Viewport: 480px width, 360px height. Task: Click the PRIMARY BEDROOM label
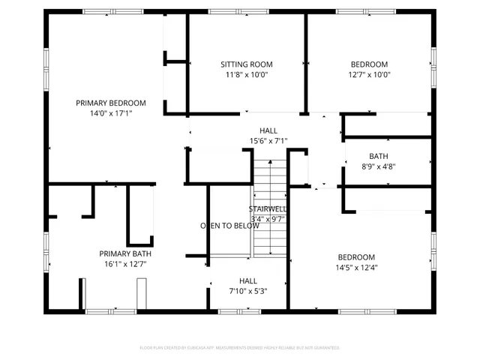click(x=111, y=103)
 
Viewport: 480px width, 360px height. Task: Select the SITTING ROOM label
click(x=246, y=64)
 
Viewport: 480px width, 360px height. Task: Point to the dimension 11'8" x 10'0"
click(x=246, y=74)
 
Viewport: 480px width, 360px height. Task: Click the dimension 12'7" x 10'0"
click(x=369, y=74)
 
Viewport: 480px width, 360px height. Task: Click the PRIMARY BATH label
click(x=126, y=253)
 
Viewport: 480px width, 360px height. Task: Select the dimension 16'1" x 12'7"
click(x=126, y=263)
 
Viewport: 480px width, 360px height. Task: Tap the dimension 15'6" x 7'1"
click(x=268, y=140)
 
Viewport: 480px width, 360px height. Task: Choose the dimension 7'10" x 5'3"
click(x=248, y=291)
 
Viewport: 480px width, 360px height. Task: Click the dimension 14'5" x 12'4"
click(x=355, y=267)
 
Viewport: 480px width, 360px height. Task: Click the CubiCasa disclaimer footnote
click(x=240, y=347)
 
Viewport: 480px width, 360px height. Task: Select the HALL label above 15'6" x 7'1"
click(x=268, y=130)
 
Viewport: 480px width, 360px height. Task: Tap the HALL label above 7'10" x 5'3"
click(x=248, y=280)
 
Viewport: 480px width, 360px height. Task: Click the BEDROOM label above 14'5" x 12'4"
click(x=355, y=256)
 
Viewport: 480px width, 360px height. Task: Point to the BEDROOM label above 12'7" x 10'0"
click(x=369, y=64)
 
